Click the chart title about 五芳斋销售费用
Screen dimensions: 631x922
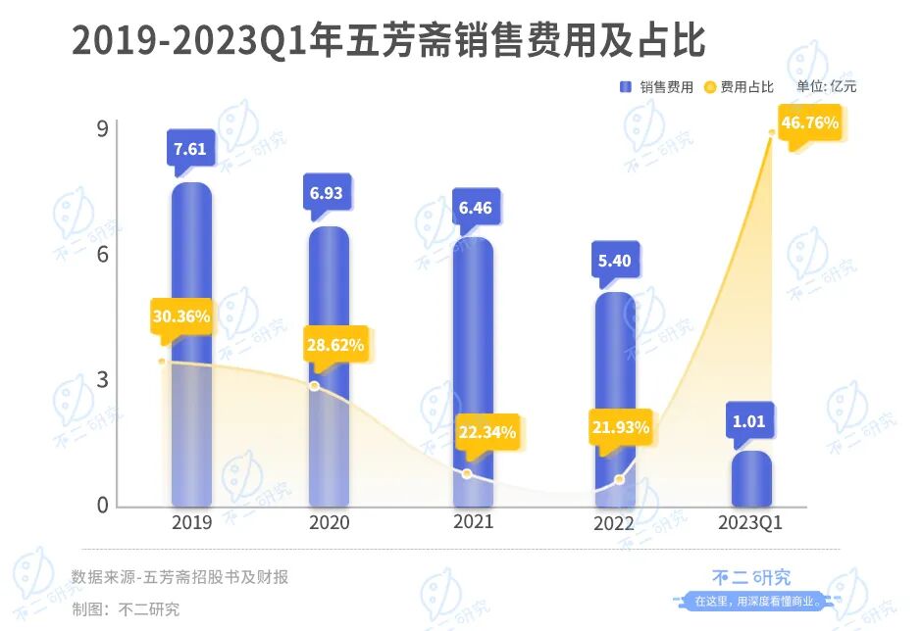tap(388, 41)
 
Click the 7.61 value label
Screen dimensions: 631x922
tap(190, 149)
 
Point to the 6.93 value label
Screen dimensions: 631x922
tap(327, 193)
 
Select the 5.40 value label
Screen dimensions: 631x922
tap(613, 262)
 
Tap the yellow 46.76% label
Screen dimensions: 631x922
tap(808, 123)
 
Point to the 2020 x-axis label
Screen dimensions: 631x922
tap(329, 522)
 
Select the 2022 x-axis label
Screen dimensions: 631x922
tap(614, 523)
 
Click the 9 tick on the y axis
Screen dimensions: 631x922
tap(102, 127)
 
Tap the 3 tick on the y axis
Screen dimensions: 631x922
tap(102, 380)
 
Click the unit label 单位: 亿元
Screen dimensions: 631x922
tap(826, 87)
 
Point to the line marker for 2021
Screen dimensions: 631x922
tap(467, 474)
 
